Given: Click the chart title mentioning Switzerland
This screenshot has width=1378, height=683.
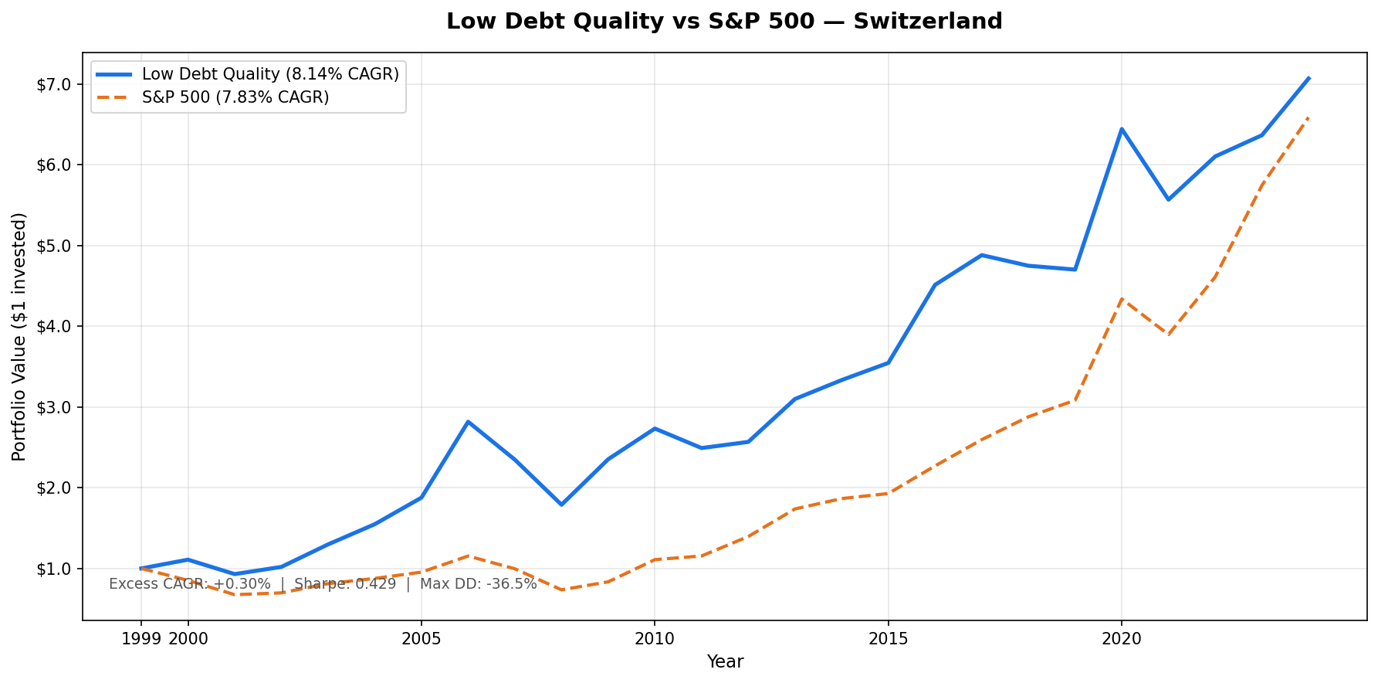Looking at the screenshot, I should pyautogui.click(x=723, y=22).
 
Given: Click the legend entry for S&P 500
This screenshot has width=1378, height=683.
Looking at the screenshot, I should pyautogui.click(x=235, y=97).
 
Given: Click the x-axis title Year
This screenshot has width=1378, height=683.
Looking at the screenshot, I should pyautogui.click(x=725, y=662).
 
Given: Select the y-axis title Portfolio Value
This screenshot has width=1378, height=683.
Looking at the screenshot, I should pyautogui.click(x=19, y=336).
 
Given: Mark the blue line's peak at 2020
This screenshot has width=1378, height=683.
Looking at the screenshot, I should pyautogui.click(x=1122, y=129).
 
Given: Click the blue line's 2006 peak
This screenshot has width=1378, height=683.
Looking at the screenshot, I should pyautogui.click(x=468, y=422).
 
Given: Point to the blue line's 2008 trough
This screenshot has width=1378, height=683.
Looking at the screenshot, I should pyautogui.click(x=561, y=505).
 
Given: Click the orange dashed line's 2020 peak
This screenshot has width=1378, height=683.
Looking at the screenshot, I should pyautogui.click(x=1122, y=299).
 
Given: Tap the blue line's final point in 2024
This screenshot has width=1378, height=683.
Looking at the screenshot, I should pyautogui.click(x=1309, y=78).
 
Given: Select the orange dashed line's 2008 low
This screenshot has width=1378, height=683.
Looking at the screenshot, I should pyautogui.click(x=561, y=590).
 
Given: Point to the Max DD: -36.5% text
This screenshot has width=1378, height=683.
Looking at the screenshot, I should pyautogui.click(x=478, y=584).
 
